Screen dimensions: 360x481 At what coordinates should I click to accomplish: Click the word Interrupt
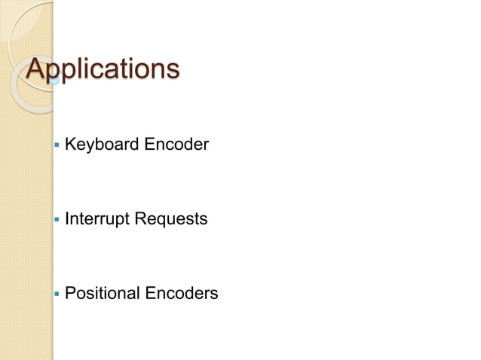[96, 219]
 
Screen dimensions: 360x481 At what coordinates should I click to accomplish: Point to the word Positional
[101, 293]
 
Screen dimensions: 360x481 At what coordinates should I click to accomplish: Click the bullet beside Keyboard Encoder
[56, 145]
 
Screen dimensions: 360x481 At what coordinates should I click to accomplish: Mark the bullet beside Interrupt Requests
[56, 221]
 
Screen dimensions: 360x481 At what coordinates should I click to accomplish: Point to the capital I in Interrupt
[67, 219]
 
